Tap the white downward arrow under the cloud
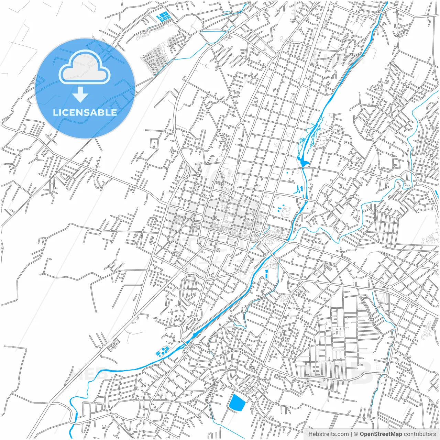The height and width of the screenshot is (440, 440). point(80,95)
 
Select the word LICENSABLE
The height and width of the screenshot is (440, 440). point(85,112)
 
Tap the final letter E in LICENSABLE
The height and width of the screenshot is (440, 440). point(113,112)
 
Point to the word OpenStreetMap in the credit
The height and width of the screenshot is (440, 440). point(381,434)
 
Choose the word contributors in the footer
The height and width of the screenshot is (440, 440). point(420,434)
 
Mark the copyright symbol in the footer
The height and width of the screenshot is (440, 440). point(356,434)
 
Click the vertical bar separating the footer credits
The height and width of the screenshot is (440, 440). point(352,434)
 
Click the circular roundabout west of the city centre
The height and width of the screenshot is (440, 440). point(170,239)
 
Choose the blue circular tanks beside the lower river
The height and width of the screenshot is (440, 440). point(162,351)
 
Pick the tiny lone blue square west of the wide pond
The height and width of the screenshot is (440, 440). point(287,173)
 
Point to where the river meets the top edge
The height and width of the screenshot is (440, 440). point(387,3)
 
